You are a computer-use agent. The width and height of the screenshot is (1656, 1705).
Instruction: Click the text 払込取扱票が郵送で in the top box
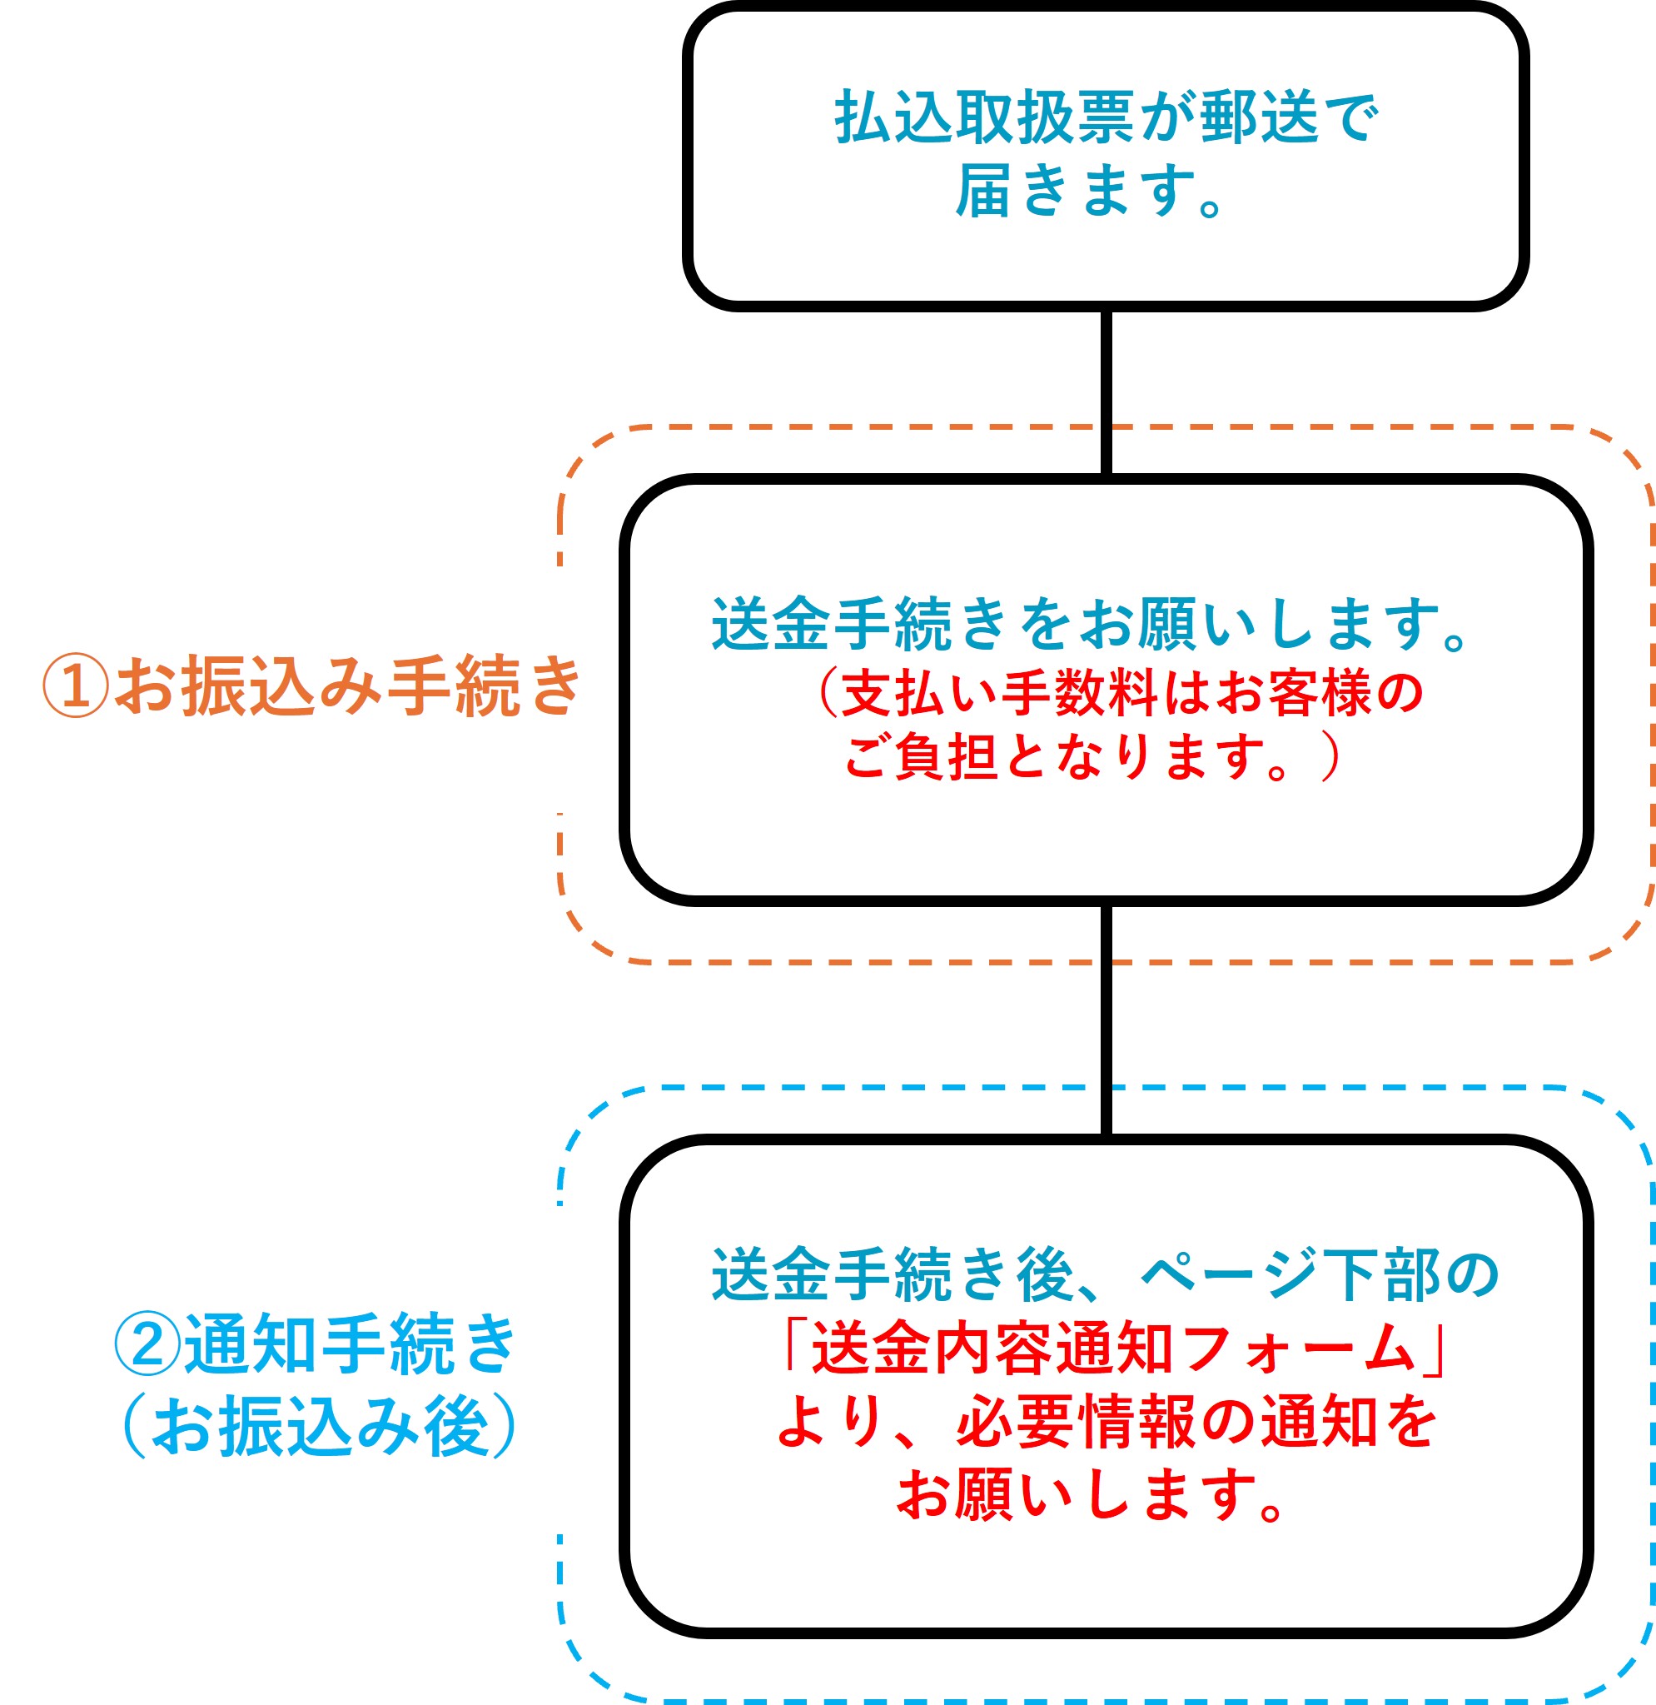click(1106, 117)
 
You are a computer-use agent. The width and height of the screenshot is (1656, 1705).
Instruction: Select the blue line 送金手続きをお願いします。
click(1091, 625)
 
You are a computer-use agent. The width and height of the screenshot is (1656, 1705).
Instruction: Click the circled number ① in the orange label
click(76, 685)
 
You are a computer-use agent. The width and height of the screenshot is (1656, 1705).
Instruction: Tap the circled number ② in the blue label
click(148, 1344)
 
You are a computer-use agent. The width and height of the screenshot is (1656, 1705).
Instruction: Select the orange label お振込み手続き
click(348, 686)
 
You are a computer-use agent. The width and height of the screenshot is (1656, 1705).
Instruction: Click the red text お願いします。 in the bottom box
click(1091, 1495)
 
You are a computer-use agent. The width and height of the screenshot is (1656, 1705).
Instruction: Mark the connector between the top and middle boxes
click(1106, 391)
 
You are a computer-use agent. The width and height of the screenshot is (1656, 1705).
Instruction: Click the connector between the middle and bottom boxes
click(1106, 1019)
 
